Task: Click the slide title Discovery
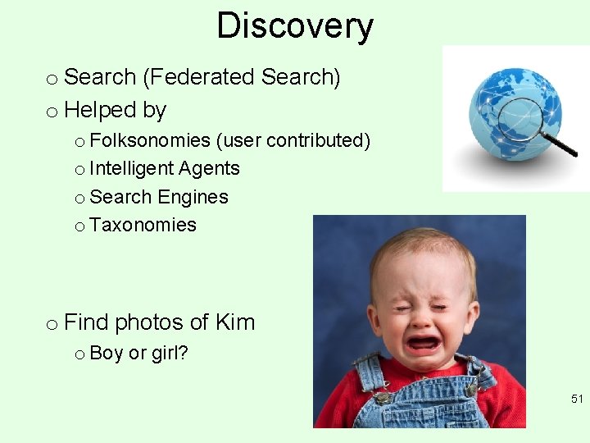pos(295,26)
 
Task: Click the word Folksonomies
pos(150,140)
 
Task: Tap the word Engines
pos(193,197)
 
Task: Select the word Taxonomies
pos(143,225)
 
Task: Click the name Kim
pos(234,322)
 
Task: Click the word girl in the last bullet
pos(170,354)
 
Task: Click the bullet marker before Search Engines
pos(79,198)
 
